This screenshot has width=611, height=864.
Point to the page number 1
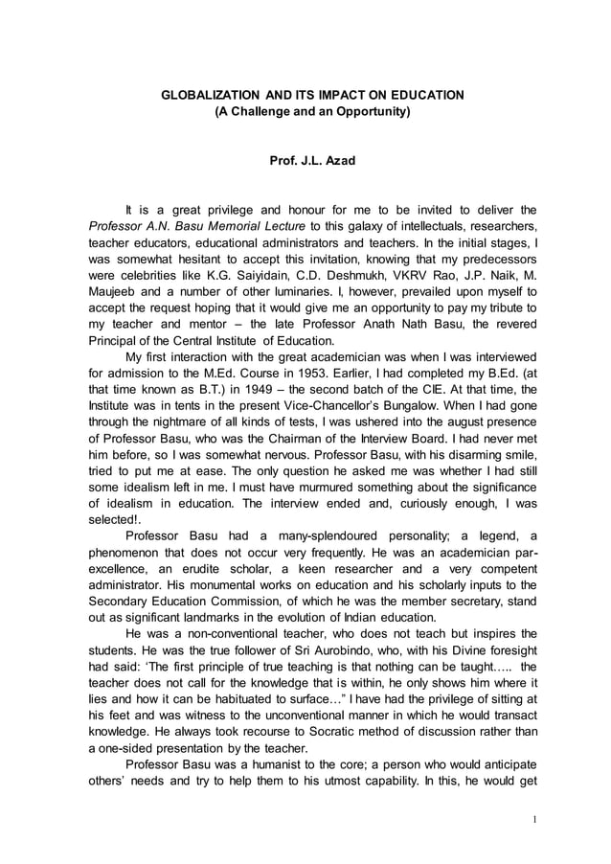pos(534,821)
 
